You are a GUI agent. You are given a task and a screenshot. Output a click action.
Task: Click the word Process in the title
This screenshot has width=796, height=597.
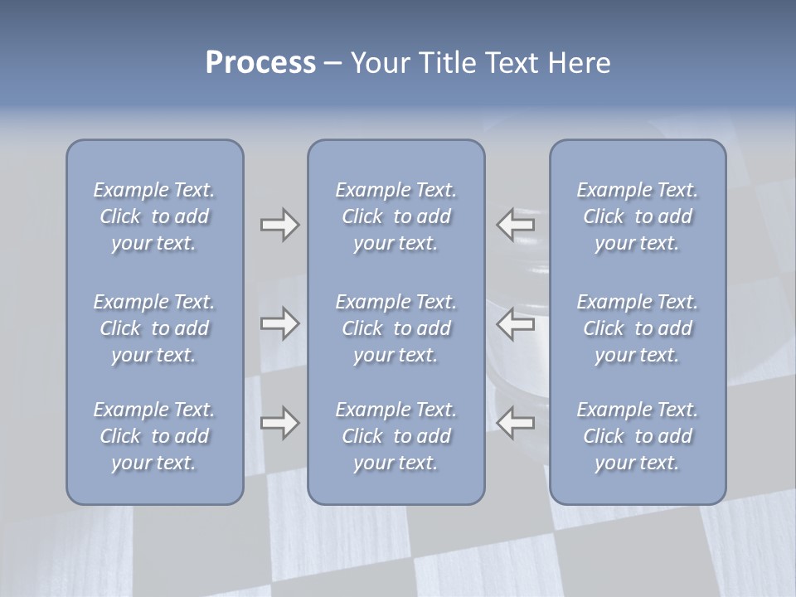pyautogui.click(x=260, y=63)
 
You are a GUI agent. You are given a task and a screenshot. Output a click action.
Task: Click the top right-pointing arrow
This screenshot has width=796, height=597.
pyautogui.click(x=279, y=224)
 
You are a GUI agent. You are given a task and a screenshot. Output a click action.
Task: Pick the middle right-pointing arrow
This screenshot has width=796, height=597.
pyautogui.click(x=279, y=323)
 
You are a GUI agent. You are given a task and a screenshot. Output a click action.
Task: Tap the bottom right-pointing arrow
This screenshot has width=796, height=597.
pyautogui.click(x=279, y=423)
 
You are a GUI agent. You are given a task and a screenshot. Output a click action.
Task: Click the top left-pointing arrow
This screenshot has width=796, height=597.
pyautogui.click(x=516, y=224)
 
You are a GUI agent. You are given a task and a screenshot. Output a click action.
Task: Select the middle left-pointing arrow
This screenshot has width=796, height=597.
pyautogui.click(x=516, y=323)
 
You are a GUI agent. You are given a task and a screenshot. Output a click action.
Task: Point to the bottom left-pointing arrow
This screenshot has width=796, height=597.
pyautogui.click(x=516, y=423)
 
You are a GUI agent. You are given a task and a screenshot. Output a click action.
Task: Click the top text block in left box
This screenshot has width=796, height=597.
pyautogui.click(x=154, y=216)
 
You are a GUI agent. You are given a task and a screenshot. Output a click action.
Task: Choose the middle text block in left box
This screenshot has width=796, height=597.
pyautogui.click(x=154, y=328)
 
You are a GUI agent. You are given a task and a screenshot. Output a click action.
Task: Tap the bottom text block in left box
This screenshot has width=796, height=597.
pyautogui.click(x=154, y=436)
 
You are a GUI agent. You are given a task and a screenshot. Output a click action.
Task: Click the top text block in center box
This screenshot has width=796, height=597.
pyautogui.click(x=396, y=216)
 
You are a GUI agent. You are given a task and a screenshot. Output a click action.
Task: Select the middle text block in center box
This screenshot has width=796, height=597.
pyautogui.click(x=396, y=328)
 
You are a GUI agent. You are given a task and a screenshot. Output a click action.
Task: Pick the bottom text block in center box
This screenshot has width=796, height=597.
pyautogui.click(x=396, y=436)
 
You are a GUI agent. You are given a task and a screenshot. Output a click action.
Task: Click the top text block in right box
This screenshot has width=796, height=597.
pyautogui.click(x=638, y=216)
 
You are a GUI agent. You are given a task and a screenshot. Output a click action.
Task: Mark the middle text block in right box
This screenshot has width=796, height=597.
pyautogui.click(x=638, y=328)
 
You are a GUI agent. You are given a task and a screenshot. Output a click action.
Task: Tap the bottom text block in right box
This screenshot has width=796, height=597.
pyautogui.click(x=638, y=436)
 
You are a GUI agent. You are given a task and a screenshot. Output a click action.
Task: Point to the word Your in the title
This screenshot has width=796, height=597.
pyautogui.click(x=378, y=63)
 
